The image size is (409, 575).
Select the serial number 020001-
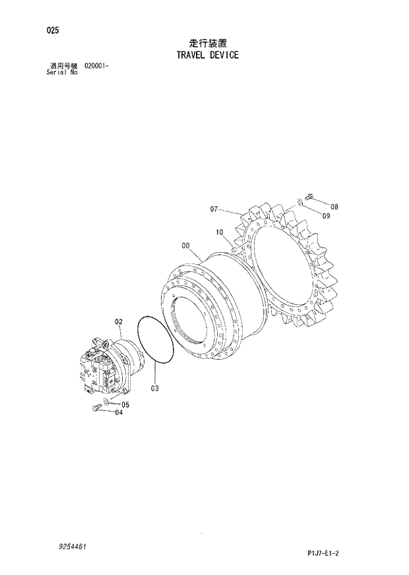97,67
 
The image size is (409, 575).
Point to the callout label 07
214,209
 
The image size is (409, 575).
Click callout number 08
334,207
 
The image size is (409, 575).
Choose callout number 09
326,216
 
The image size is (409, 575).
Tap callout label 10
220,232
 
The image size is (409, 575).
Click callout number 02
119,321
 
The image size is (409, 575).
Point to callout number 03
154,388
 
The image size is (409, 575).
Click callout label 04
119,413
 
